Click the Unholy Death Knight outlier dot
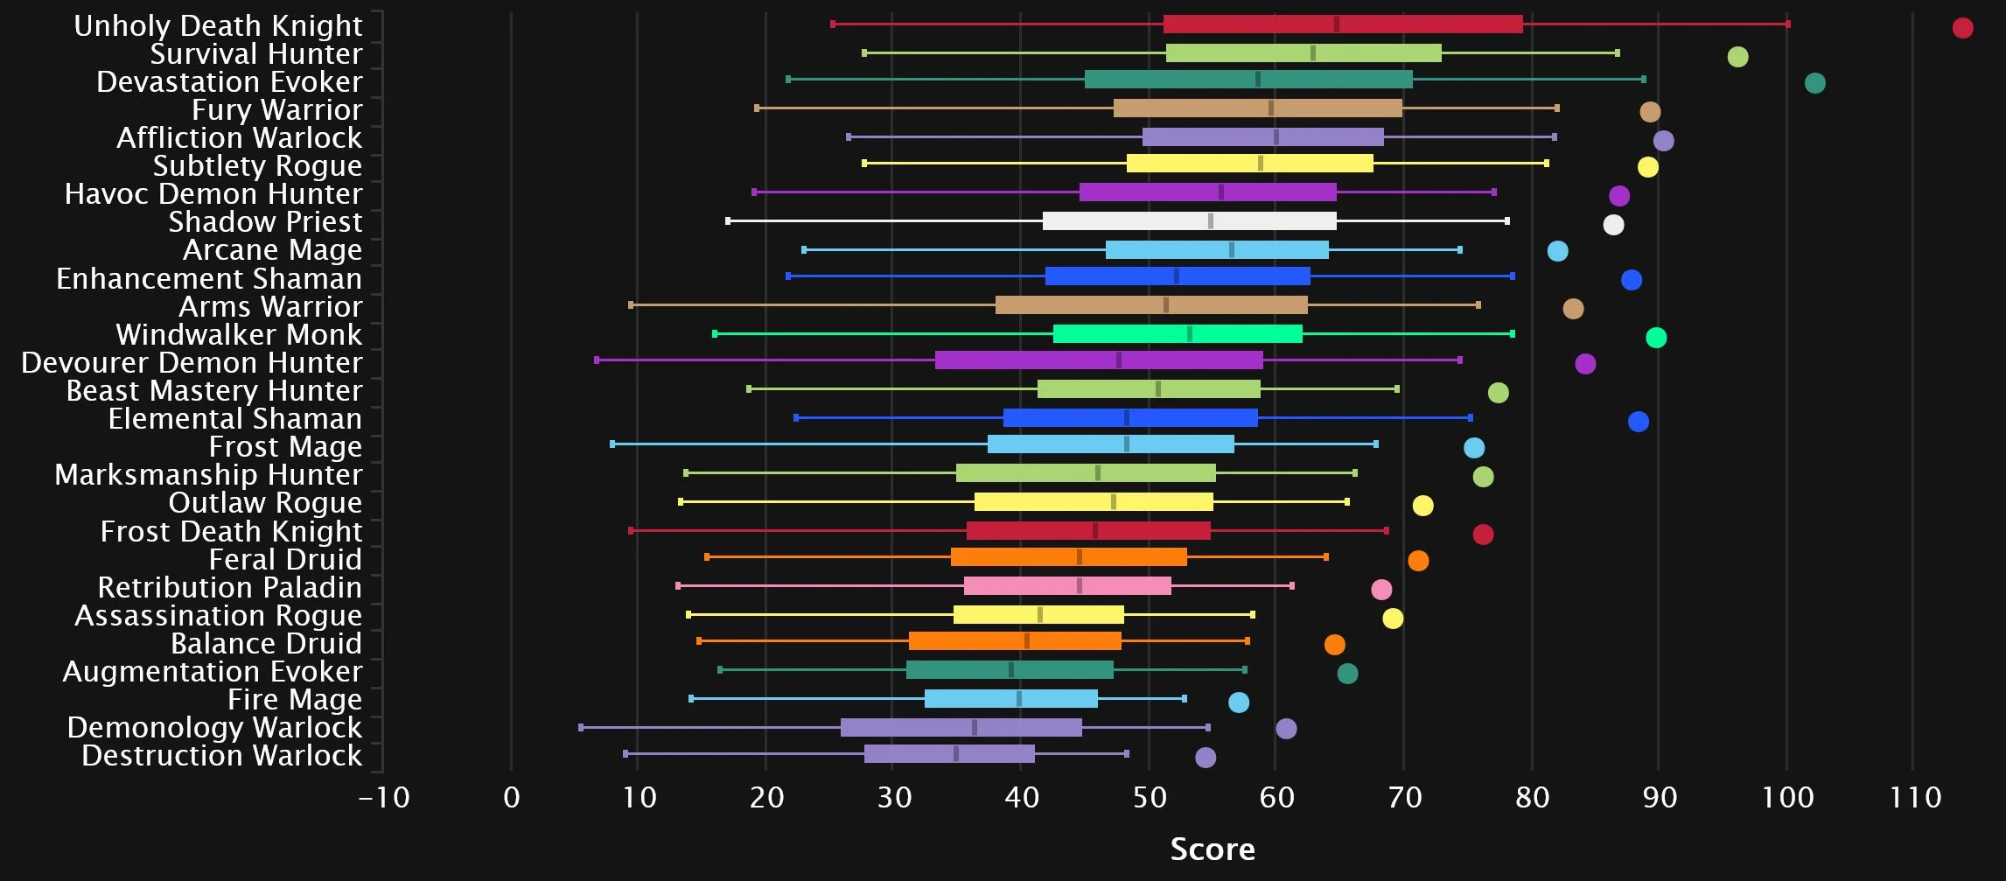(x=1962, y=28)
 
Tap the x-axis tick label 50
(x=1149, y=798)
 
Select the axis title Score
(x=1213, y=849)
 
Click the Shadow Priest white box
(x=1189, y=220)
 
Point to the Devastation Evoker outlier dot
(x=1814, y=83)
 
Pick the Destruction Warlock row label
(x=221, y=755)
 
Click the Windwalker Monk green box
(x=1178, y=333)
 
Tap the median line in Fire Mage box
(x=1019, y=698)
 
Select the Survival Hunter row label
(x=255, y=53)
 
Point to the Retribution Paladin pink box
(x=1067, y=586)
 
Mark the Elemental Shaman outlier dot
(x=1638, y=422)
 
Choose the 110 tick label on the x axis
(x=1915, y=798)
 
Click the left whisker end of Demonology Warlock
(x=581, y=727)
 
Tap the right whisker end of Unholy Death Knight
(x=1787, y=24)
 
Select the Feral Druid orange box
(x=1068, y=557)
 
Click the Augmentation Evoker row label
(x=212, y=671)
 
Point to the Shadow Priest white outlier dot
(x=1613, y=225)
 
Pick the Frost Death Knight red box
(x=1088, y=530)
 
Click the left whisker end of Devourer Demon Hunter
(x=597, y=360)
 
